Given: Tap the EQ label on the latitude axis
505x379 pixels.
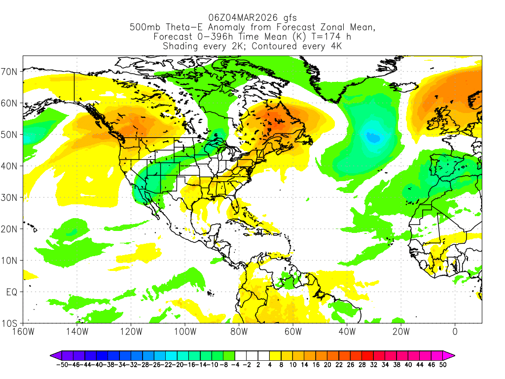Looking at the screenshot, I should (12, 292).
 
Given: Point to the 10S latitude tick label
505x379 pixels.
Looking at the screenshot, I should (11, 324).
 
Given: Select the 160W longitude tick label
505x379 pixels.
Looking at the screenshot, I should (23, 331).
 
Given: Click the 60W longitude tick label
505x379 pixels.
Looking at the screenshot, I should (292, 331).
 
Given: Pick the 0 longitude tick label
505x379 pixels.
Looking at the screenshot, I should (455, 331).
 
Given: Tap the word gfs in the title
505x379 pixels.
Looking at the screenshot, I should (289, 18).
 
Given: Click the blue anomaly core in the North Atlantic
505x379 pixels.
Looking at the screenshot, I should (373, 138).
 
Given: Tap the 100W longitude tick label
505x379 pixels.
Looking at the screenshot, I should (185, 331).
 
